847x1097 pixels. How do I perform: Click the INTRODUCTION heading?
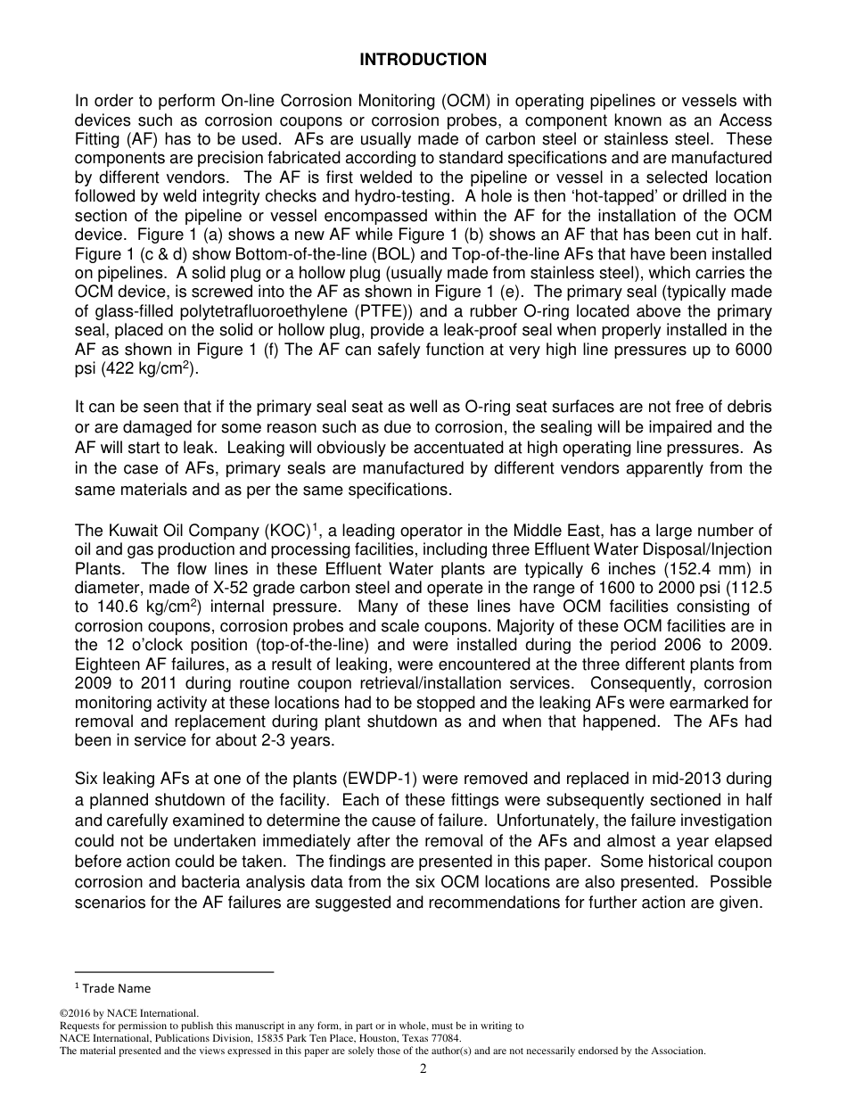(423, 60)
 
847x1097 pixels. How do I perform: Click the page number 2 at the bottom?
(423, 1069)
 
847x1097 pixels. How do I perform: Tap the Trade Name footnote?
(112, 988)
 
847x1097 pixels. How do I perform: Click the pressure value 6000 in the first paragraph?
(754, 349)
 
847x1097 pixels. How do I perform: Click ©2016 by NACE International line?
(127, 1013)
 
